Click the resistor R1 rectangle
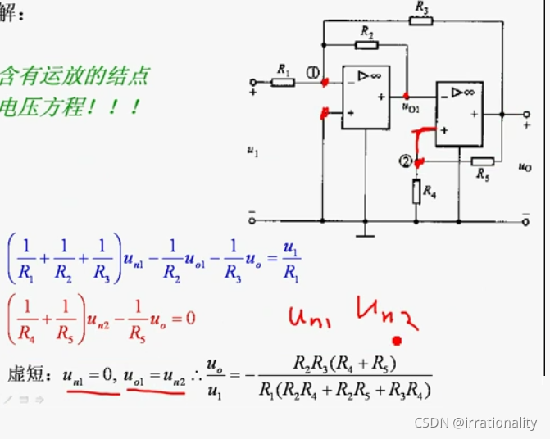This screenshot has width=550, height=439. [x=284, y=82]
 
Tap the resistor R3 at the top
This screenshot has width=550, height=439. [x=420, y=20]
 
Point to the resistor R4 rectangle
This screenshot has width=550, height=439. [x=417, y=192]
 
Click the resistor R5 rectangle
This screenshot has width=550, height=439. [x=482, y=161]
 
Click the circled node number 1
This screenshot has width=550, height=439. [x=313, y=73]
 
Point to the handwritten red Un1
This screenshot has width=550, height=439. [x=307, y=315]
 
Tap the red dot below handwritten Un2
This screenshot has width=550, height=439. [x=398, y=340]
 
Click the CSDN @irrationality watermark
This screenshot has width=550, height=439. [x=475, y=423]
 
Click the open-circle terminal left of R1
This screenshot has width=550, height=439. [x=253, y=82]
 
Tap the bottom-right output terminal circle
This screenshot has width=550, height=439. [x=525, y=220]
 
